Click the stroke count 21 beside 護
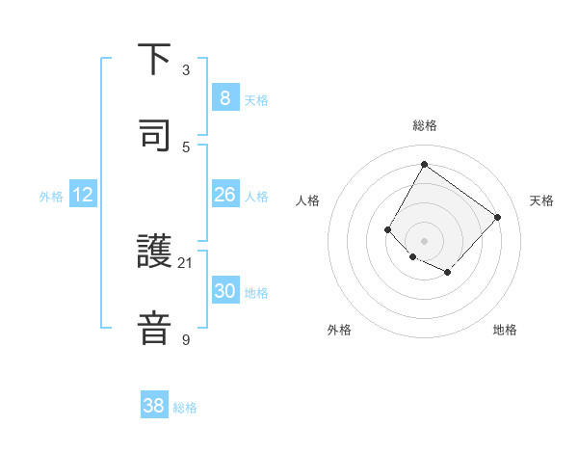point(187,262)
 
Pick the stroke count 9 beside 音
point(186,338)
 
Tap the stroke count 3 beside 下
point(186,70)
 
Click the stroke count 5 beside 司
point(186,146)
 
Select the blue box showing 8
point(224,98)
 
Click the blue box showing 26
point(224,195)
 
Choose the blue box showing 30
point(224,291)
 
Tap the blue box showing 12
point(82,195)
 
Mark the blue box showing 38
point(153,406)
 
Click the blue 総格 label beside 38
point(185,408)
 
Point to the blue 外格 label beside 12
point(51,197)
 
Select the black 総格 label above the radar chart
point(424,125)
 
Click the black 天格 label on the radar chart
point(541,200)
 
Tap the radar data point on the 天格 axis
point(497,217)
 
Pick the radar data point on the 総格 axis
point(424,164)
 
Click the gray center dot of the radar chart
point(424,240)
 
